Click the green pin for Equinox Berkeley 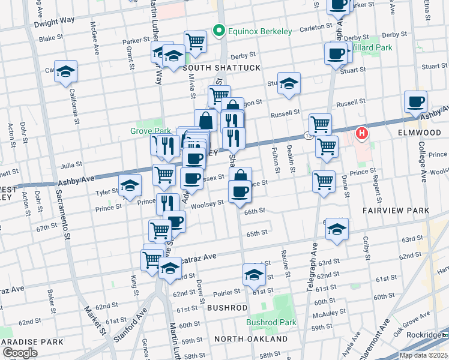click(220, 29)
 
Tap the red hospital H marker click(362, 133)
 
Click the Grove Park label click(147, 130)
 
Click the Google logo click(20, 353)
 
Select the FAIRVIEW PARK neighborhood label click(396, 211)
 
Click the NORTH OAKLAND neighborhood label click(251, 339)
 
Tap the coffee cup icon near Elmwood click(415, 102)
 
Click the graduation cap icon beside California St click(66, 71)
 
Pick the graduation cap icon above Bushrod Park click(254, 275)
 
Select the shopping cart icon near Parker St click(195, 41)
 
